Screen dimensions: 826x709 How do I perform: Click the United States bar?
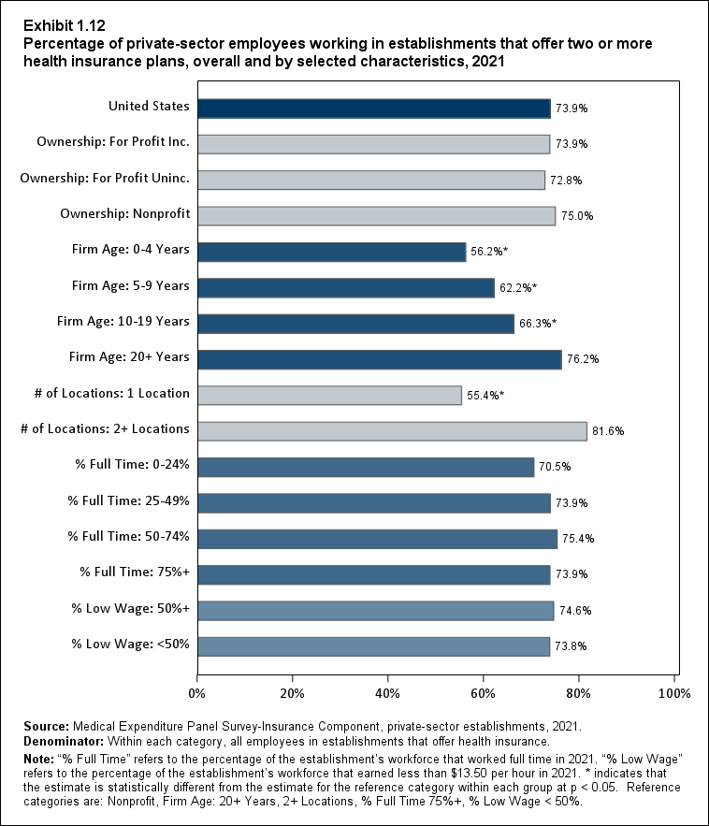[x=374, y=108]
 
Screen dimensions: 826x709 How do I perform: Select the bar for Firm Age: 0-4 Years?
[x=332, y=252]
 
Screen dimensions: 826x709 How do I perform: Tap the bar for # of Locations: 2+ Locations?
[x=392, y=430]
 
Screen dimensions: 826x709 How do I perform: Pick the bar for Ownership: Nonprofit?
[x=377, y=215]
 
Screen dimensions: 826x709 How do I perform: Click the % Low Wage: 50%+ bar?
[x=376, y=610]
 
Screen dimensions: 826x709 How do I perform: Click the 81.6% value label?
[x=608, y=431]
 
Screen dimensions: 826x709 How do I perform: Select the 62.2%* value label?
[x=519, y=288]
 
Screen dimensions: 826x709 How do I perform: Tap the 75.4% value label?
[x=578, y=539]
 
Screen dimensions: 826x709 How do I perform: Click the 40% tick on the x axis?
[x=388, y=693]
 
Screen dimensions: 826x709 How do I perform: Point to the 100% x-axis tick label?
[x=674, y=693]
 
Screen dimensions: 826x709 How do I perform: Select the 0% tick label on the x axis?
[x=197, y=693]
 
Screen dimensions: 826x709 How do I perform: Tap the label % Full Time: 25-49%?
[x=128, y=500]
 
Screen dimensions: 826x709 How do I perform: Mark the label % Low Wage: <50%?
[x=131, y=644]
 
